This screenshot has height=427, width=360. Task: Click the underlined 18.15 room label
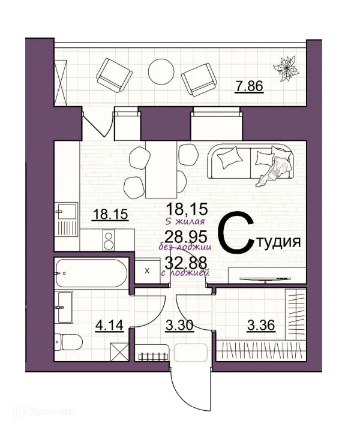pos(110,214)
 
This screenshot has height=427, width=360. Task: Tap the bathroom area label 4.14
pos(109,327)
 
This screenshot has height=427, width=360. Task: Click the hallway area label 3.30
pos(178,327)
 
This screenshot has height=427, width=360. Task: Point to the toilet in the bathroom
pos(63,339)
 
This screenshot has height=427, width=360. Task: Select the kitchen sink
pos(65,211)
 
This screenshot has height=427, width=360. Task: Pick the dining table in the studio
pos(161,170)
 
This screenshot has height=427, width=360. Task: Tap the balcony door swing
pos(96,123)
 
